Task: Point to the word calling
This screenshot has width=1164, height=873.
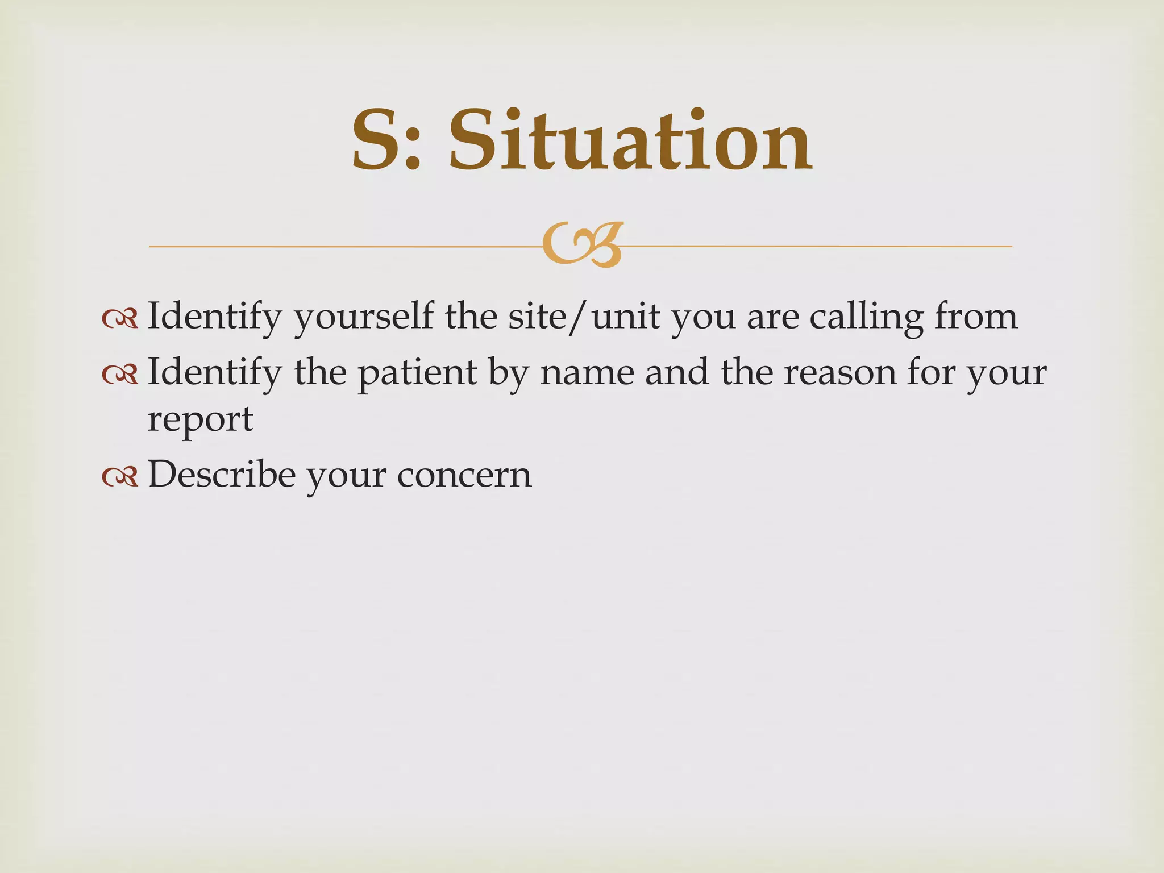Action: (866, 317)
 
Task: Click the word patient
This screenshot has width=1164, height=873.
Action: (417, 374)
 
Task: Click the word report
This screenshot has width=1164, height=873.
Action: (200, 421)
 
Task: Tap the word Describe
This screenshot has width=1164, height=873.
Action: (222, 474)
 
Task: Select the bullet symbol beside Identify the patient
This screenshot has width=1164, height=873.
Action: (120, 375)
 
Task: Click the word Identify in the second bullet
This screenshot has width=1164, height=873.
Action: (214, 374)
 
